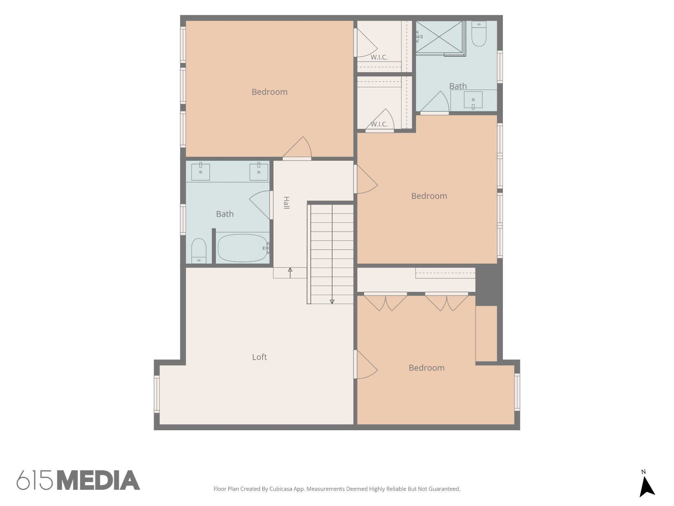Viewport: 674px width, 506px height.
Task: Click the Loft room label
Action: tap(259, 357)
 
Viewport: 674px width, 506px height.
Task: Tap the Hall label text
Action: tap(286, 203)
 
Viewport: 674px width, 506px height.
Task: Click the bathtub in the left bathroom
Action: tap(243, 248)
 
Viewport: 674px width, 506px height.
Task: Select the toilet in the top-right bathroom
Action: tap(479, 34)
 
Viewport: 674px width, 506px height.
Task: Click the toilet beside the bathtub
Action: tap(199, 251)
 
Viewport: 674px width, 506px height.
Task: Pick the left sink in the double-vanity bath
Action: tap(200, 171)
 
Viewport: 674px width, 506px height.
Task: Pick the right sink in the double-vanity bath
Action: tap(259, 171)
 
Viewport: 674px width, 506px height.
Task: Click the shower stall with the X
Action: tap(439, 37)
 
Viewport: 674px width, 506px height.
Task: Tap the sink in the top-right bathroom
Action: tap(473, 100)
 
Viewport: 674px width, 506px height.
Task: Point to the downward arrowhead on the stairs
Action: tap(332, 301)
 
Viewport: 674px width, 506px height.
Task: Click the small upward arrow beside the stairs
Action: tap(290, 273)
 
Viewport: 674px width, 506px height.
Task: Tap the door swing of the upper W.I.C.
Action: tap(366, 43)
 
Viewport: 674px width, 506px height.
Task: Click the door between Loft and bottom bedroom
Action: tap(365, 364)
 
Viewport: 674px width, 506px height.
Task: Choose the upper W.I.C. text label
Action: tap(379, 57)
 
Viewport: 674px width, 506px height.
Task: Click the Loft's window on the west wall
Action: tap(157, 394)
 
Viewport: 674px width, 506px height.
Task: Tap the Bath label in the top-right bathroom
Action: tap(458, 86)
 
